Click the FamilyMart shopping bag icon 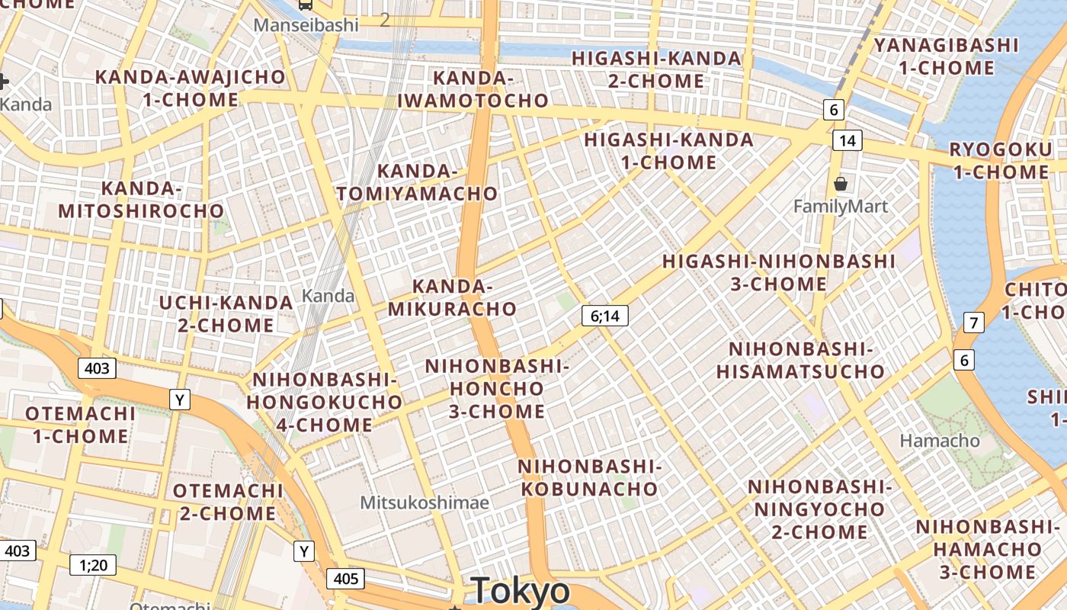841,184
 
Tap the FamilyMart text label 841,206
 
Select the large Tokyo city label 521,591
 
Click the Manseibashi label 306,25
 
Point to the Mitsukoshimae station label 425,502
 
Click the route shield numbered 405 346,579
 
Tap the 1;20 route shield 93,565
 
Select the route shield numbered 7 973,323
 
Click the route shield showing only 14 847,140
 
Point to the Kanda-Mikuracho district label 452,297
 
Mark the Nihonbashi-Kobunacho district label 588,477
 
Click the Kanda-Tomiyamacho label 417,182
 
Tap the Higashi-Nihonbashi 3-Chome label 778,272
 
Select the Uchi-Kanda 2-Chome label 226,314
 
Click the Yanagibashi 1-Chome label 946,56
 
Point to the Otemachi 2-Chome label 228,502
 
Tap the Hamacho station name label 940,440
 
